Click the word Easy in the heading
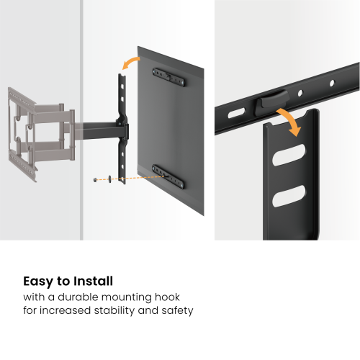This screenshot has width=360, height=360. click(39, 282)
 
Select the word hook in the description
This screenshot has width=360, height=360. click(188, 297)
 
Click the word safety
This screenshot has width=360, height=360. click(176, 311)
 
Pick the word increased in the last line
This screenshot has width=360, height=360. click(64, 311)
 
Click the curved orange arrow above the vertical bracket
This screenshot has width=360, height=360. click(131, 64)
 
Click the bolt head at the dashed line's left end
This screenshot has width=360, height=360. click(96, 179)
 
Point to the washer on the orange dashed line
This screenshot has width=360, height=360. click(107, 178)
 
